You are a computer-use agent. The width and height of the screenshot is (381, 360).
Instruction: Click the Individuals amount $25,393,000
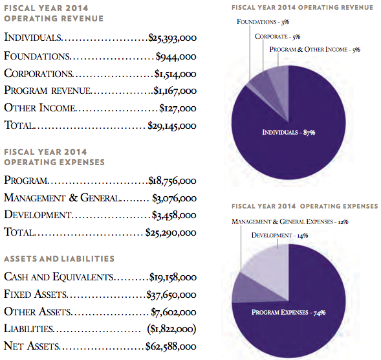[173, 38]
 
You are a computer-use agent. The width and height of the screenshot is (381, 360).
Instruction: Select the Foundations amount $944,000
[176, 57]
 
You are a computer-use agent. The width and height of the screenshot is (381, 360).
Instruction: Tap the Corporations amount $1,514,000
[175, 74]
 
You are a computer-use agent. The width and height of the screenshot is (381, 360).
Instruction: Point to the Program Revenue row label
[48, 91]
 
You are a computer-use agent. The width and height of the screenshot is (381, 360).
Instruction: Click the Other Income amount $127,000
[178, 108]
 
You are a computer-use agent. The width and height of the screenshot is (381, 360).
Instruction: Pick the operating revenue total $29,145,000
[172, 126]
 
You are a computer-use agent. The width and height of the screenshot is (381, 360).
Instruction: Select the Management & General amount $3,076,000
[174, 198]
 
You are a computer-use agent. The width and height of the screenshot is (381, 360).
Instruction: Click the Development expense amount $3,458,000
[174, 215]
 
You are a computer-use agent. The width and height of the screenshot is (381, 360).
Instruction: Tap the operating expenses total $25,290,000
[171, 232]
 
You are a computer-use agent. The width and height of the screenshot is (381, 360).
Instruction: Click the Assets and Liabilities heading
[60, 258]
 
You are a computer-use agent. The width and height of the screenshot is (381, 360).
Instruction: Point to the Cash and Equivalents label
[59, 277]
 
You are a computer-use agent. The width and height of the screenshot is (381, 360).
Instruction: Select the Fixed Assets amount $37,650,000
[171, 295]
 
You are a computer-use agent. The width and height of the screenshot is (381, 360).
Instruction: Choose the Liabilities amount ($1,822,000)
[171, 329]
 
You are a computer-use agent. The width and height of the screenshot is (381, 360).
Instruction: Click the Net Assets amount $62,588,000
[171, 346]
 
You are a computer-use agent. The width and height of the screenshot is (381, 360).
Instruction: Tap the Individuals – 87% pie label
[288, 132]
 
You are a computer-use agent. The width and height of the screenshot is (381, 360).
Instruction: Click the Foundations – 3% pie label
[263, 22]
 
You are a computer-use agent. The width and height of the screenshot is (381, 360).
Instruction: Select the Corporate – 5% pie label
[278, 36]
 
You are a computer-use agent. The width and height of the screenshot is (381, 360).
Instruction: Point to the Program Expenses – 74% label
[288, 312]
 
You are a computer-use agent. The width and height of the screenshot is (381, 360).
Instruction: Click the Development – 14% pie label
[279, 235]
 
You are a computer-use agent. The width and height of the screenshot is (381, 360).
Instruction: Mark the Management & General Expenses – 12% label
[290, 221]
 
